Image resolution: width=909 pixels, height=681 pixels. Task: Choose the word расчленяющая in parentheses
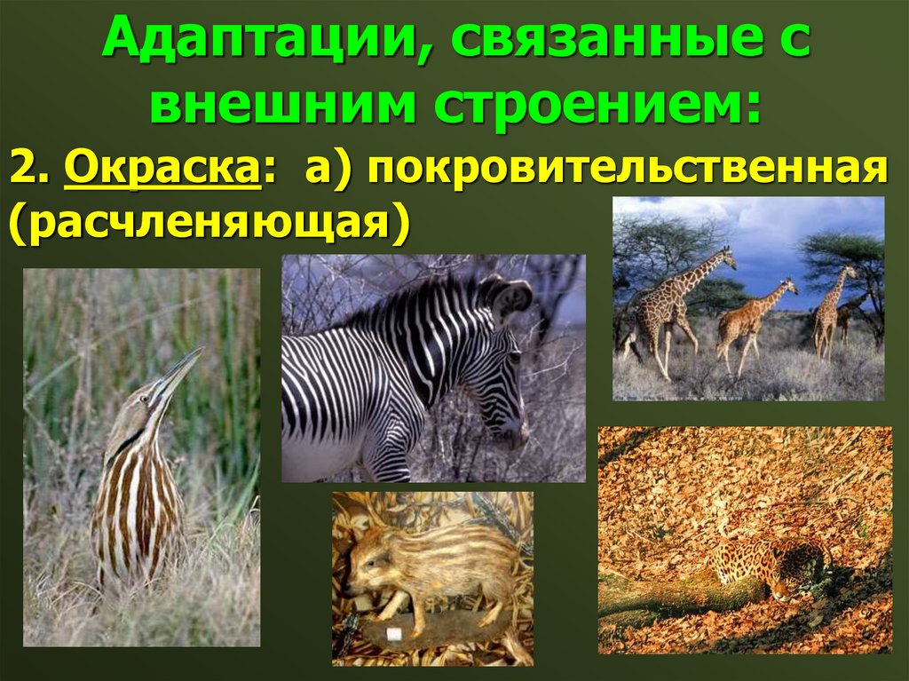[211, 222]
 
